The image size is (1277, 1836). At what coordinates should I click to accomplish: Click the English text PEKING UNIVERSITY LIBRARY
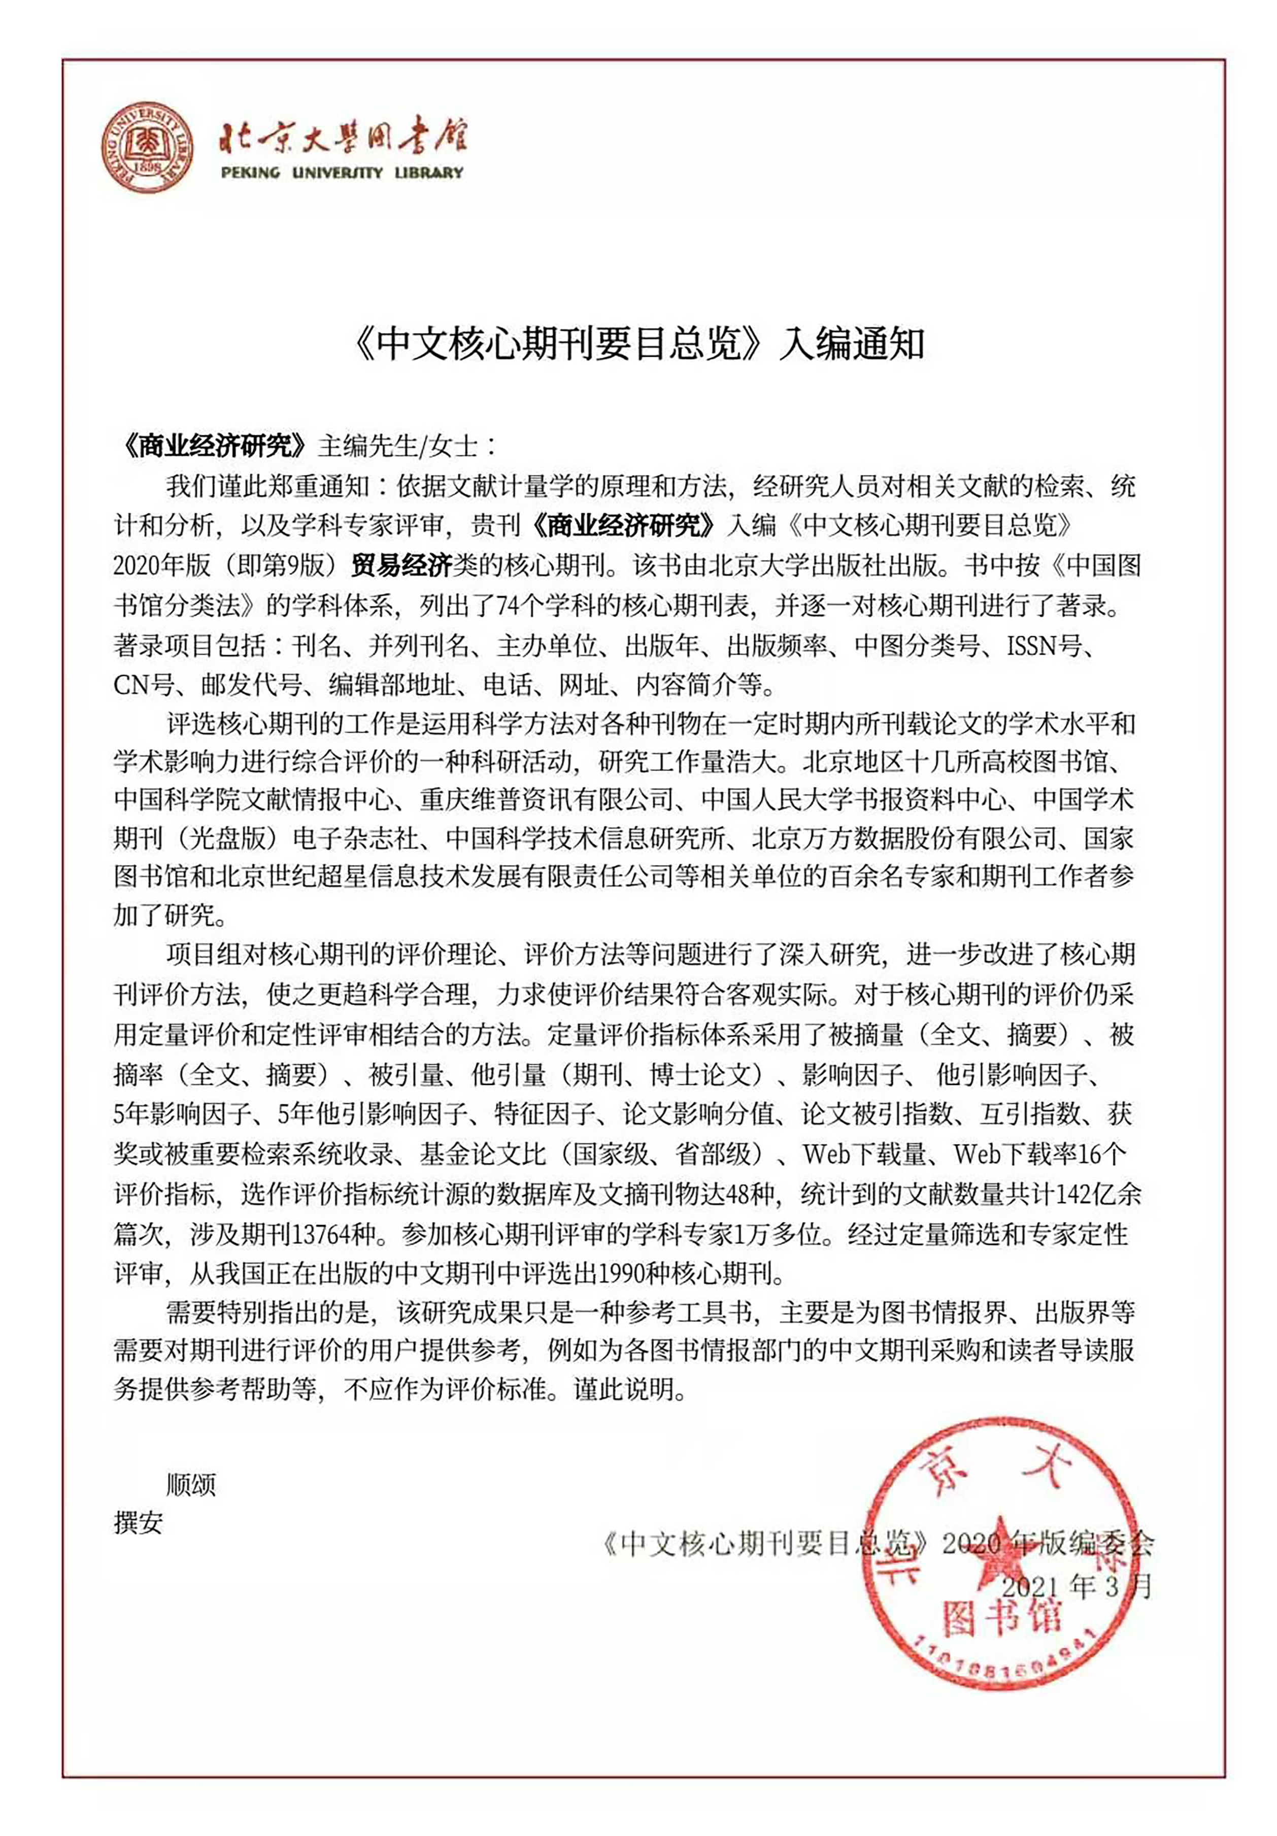342,172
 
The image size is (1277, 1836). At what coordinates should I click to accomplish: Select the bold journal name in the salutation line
211,446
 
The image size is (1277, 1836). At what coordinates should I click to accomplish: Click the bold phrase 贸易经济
401,565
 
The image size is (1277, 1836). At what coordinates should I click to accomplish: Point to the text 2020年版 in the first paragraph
162,565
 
